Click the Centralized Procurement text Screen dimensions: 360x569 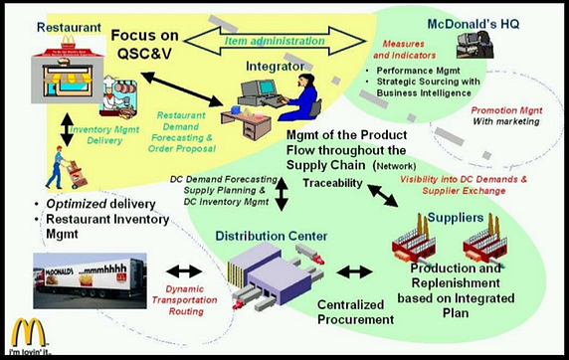tap(351, 312)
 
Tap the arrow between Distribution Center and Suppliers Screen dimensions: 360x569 tap(354, 270)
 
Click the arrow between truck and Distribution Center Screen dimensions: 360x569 tap(183, 270)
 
